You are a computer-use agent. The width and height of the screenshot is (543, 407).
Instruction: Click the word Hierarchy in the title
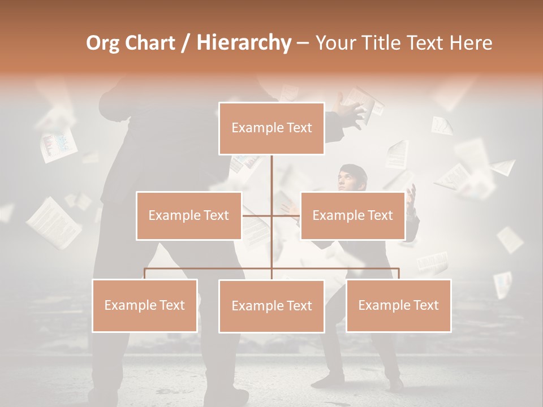coord(244,43)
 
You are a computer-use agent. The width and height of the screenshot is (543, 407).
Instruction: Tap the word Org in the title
coord(102,43)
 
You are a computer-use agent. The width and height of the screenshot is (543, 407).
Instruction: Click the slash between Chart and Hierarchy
coord(187,44)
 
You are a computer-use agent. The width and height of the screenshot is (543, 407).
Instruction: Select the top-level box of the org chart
coord(271,128)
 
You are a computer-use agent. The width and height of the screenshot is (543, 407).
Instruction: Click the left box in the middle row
coord(189,215)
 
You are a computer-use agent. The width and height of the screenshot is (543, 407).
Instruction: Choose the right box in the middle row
coord(352,215)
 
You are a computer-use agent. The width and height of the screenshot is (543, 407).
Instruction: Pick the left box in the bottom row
coord(145,305)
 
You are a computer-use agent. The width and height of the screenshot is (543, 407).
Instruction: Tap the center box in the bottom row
coord(271,306)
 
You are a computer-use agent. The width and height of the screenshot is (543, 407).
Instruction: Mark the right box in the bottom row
coord(398,305)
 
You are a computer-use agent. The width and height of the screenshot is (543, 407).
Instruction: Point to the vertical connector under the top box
coord(271,175)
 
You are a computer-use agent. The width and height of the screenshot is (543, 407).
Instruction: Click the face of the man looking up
coord(346,180)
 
